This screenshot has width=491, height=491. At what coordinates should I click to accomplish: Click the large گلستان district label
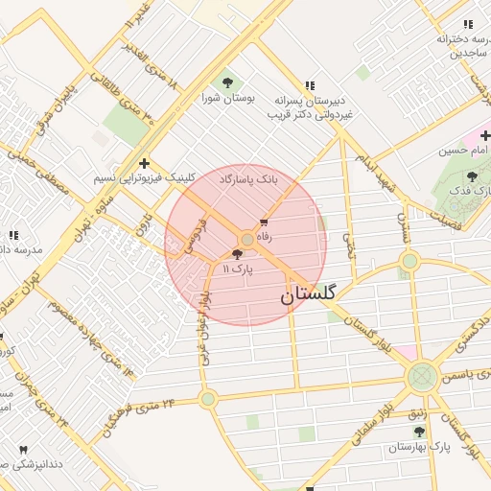pyautogui.click(x=308, y=296)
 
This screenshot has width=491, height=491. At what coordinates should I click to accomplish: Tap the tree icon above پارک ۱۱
pyautogui.click(x=238, y=254)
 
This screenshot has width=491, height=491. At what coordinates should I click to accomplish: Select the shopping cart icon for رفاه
pyautogui.click(x=265, y=222)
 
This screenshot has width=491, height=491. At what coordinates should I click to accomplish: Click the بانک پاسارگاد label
pyautogui.click(x=248, y=179)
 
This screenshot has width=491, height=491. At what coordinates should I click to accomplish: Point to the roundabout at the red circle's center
pyautogui.click(x=247, y=239)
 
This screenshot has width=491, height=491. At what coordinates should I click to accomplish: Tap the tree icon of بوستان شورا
pyautogui.click(x=227, y=81)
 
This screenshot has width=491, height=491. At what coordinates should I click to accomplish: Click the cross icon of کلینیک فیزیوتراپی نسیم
pyautogui.click(x=144, y=164)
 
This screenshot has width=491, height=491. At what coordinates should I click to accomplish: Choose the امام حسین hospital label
pyautogui.click(x=463, y=151)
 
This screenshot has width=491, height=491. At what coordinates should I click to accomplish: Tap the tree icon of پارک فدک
pyautogui.click(x=471, y=176)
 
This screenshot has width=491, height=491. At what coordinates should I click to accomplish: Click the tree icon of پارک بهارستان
pyautogui.click(x=419, y=433)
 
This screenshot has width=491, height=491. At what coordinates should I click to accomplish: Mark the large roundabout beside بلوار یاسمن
pyautogui.click(x=422, y=377)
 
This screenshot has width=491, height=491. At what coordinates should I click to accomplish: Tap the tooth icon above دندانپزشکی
pyautogui.click(x=23, y=449)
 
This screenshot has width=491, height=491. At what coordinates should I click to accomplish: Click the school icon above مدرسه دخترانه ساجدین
pyautogui.click(x=468, y=24)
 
